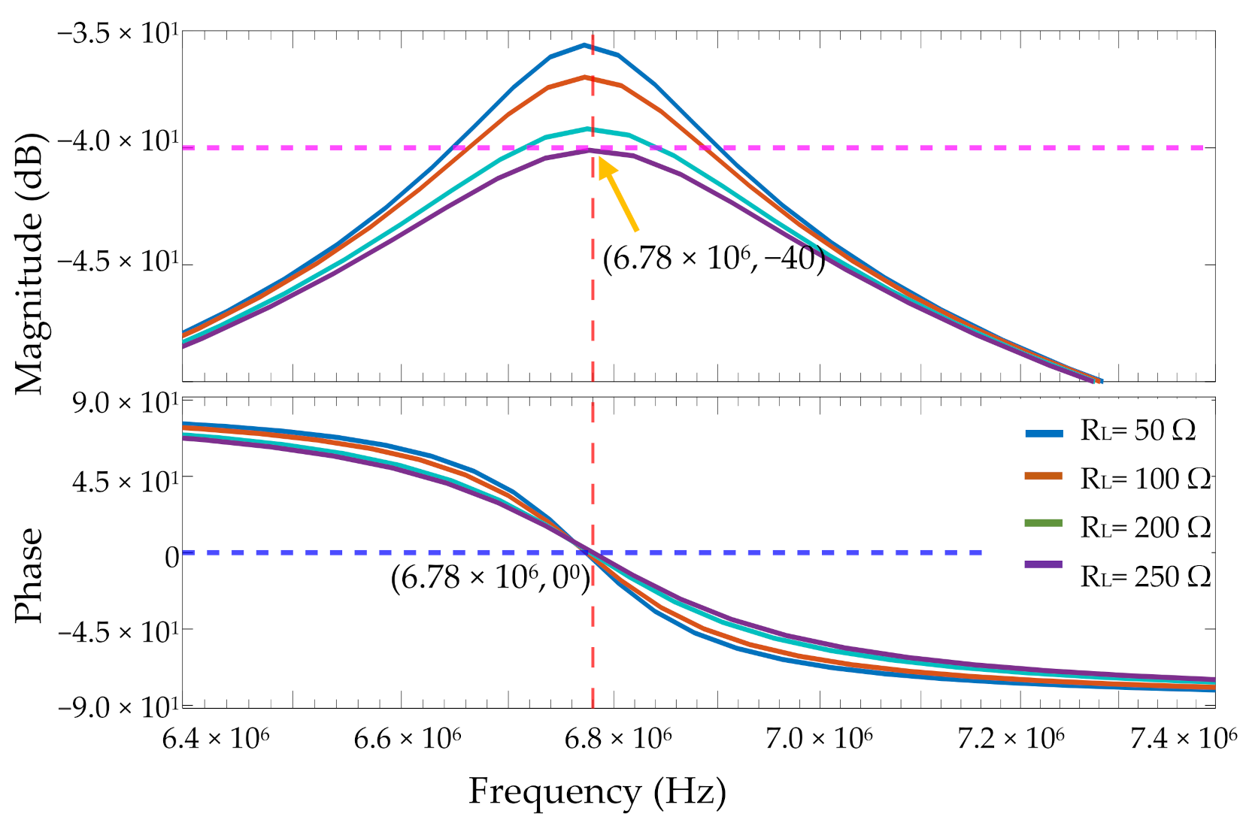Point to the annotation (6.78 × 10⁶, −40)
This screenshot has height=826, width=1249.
tap(714, 259)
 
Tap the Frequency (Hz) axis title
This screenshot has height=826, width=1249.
tap(597, 791)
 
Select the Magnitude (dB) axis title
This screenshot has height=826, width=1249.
tap(30, 263)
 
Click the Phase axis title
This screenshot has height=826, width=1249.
tap(30, 575)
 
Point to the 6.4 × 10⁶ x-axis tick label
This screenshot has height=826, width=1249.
tap(217, 740)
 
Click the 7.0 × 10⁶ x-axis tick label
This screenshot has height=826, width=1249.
tap(819, 740)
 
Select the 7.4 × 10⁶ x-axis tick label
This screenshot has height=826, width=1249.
tap(1184, 740)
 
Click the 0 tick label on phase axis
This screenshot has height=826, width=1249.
tap(172, 557)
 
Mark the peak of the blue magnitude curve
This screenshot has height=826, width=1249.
tap(584, 45)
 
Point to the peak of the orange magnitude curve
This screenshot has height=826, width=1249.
tap(584, 77)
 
